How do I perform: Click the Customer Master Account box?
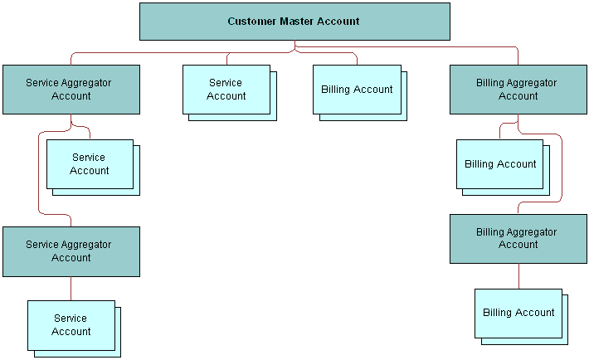click(294, 22)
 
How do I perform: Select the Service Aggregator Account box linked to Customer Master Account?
click(71, 90)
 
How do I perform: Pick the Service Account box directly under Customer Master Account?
click(226, 90)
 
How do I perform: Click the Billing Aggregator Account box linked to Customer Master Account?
click(518, 90)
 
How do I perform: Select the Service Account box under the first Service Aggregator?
click(90, 164)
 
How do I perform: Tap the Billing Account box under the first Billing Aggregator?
click(500, 164)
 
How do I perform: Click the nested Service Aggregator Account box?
click(71, 251)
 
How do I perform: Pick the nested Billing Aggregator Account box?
click(518, 239)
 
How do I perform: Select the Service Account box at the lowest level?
click(71, 325)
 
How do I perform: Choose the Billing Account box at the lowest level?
click(518, 313)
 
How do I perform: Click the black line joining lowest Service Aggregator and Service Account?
click(71, 288)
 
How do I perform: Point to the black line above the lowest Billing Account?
click(519, 275)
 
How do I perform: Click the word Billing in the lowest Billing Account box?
click(497, 313)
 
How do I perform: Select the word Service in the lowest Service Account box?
click(71, 319)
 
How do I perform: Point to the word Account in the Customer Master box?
click(341, 22)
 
